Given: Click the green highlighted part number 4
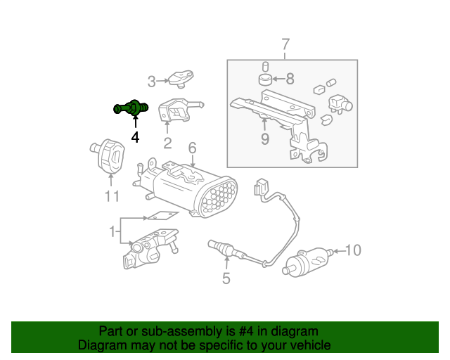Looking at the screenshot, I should click(x=131, y=108).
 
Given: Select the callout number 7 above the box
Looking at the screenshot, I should click(x=285, y=46).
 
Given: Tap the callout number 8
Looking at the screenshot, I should click(x=290, y=79).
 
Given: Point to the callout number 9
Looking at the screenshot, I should click(x=264, y=139).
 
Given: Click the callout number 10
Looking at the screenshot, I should click(x=352, y=250).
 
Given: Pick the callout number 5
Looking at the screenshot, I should click(x=226, y=278).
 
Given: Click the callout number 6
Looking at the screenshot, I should click(x=192, y=148).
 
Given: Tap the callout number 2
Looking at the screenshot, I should click(x=167, y=144).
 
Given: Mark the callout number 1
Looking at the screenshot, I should click(x=110, y=231).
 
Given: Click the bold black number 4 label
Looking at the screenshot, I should click(x=134, y=136).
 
